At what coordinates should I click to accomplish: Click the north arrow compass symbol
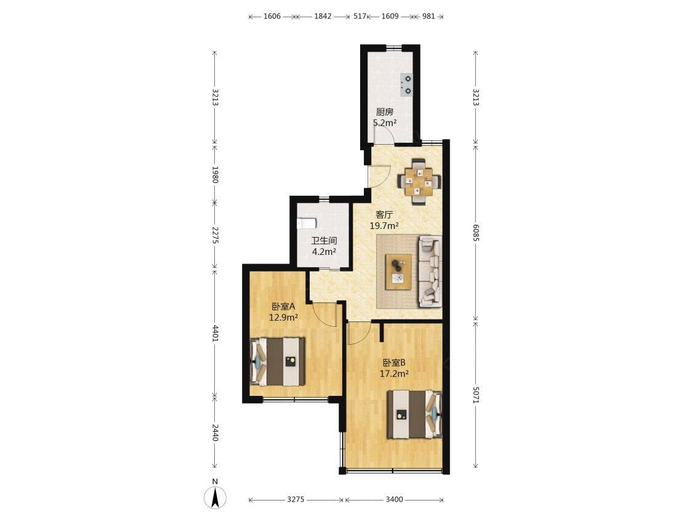point(215,497)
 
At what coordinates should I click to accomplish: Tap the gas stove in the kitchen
point(406,85)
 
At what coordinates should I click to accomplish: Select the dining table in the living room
point(419,182)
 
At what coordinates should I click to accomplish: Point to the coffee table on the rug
point(398,272)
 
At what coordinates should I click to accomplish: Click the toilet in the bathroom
point(307,223)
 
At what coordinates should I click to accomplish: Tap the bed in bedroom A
point(278,361)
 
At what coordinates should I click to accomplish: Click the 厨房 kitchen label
point(384,112)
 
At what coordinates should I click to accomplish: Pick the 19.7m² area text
point(384,226)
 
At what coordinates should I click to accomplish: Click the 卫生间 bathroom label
point(324,241)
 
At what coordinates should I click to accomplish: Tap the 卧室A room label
point(283,306)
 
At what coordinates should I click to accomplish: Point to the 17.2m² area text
point(394,374)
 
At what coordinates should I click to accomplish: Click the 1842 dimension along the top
point(323,17)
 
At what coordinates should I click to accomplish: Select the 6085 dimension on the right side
point(476,232)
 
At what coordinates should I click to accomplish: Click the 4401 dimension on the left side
point(215,333)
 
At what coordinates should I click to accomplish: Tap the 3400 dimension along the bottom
point(394,499)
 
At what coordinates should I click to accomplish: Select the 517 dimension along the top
point(360,17)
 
